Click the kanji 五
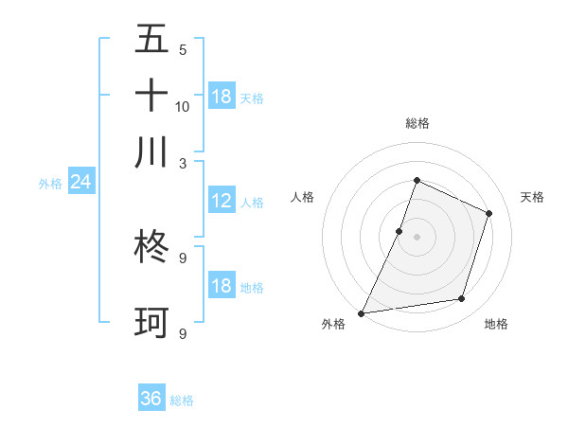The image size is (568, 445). click(151, 40)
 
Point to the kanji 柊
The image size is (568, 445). click(151, 247)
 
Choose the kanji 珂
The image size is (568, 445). click(151, 322)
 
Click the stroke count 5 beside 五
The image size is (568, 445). click(183, 50)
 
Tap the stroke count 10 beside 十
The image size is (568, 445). click(183, 106)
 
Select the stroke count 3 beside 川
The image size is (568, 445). click(183, 162)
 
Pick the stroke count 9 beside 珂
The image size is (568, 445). click(183, 333)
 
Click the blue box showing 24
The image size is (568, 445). click(80, 182)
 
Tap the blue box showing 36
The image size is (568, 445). click(151, 399)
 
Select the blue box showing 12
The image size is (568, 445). click(222, 201)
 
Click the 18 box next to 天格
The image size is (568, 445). click(222, 97)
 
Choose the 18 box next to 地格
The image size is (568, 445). click(222, 286)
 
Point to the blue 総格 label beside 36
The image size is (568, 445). click(182, 400)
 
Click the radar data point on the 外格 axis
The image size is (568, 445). click(362, 312)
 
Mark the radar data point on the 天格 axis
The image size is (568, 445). click(489, 213)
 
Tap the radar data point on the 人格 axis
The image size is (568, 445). click(399, 231)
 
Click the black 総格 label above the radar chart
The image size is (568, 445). click(417, 123)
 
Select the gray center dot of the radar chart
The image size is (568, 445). click(417, 237)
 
